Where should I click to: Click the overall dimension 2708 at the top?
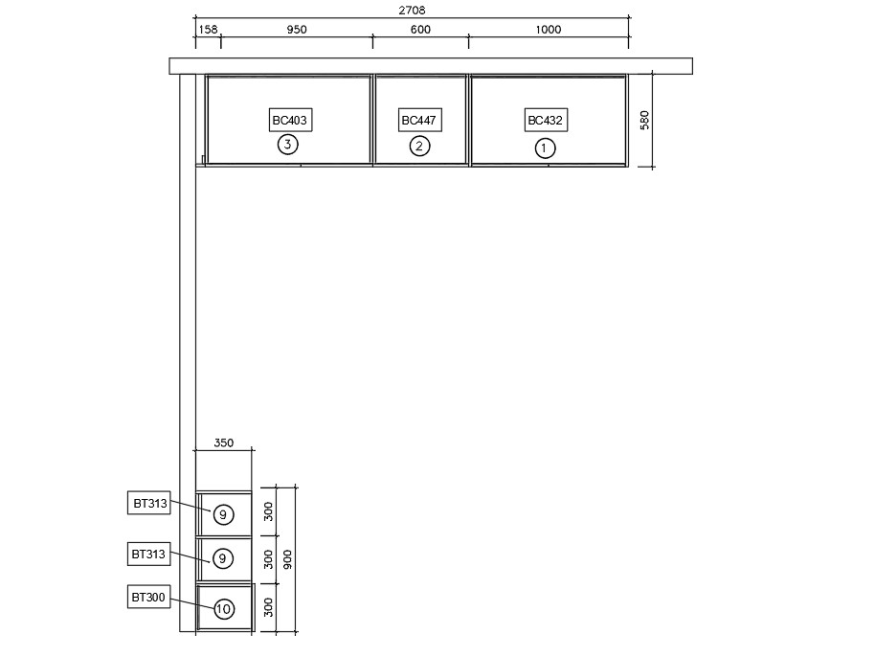pyautogui.click(x=412, y=10)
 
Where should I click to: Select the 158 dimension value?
pyautogui.click(x=208, y=29)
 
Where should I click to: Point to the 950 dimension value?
pyautogui.click(x=297, y=29)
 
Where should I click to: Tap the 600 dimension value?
pyautogui.click(x=420, y=29)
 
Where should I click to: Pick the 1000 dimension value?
pyautogui.click(x=548, y=29)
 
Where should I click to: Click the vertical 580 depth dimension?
pyautogui.click(x=644, y=120)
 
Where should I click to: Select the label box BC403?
pyautogui.click(x=290, y=120)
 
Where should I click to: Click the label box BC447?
pyautogui.click(x=419, y=120)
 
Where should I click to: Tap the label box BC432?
pyautogui.click(x=546, y=120)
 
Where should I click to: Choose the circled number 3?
pyautogui.click(x=287, y=145)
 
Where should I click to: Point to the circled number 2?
pyautogui.click(x=419, y=147)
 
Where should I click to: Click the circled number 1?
pyautogui.click(x=546, y=148)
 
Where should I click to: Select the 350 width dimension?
pyautogui.click(x=223, y=442)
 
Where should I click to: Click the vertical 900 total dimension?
pyautogui.click(x=287, y=559)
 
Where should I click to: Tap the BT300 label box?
pyautogui.click(x=149, y=598)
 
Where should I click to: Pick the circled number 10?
pyautogui.click(x=223, y=609)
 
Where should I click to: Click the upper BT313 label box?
pyautogui.click(x=149, y=503)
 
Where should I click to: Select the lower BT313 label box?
pyautogui.click(x=149, y=554)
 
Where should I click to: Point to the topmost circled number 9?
pyautogui.click(x=223, y=514)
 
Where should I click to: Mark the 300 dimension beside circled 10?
pyautogui.click(x=268, y=607)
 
